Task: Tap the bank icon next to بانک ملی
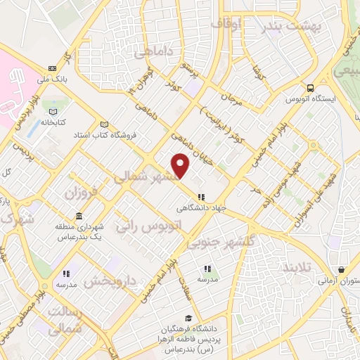click(x=53, y=68)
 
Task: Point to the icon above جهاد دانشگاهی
click(x=202, y=198)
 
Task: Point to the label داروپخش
click(x=110, y=282)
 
